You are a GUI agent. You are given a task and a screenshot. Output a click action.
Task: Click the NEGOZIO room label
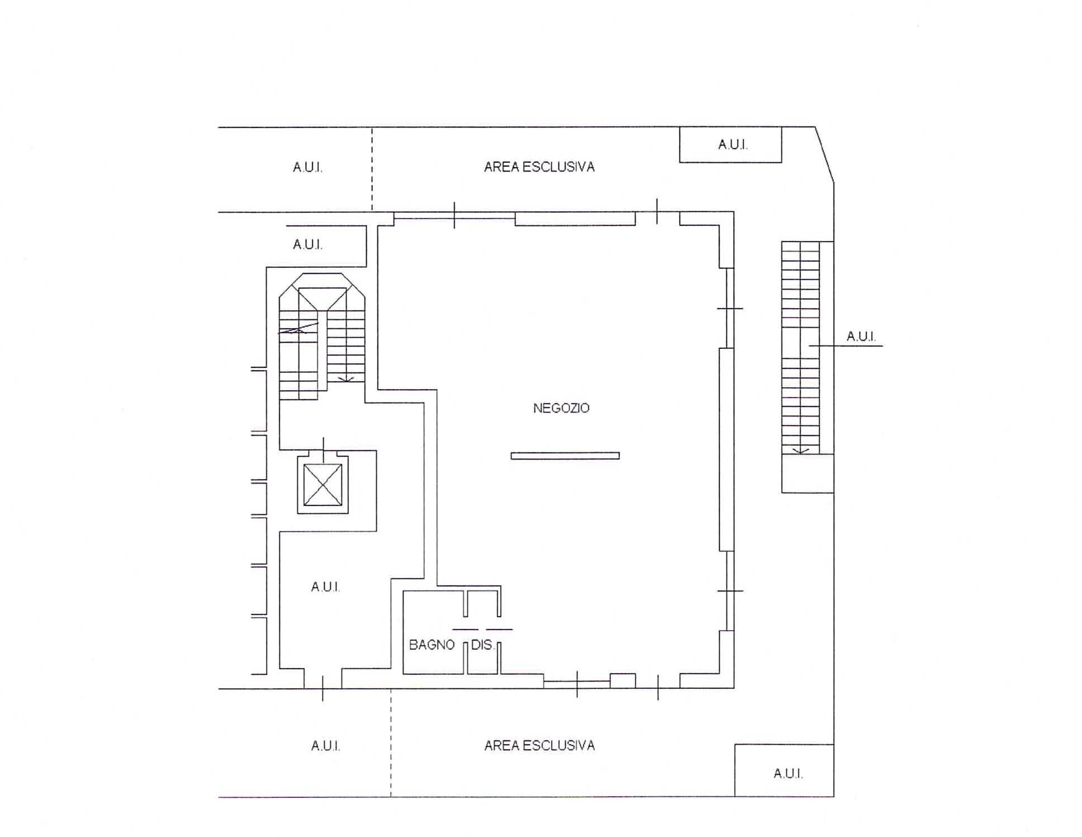[x=561, y=408]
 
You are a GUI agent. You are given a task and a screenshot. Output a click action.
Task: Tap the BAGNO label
[x=431, y=645]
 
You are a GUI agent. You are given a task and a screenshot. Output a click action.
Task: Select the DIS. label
[x=482, y=645]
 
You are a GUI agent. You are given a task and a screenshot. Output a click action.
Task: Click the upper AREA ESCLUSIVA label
[x=539, y=167]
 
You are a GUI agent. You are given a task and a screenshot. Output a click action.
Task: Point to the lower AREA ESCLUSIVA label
[x=539, y=745]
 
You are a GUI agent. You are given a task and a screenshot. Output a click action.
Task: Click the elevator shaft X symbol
[x=322, y=485]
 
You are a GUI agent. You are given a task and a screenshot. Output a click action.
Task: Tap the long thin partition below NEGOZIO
[x=565, y=456]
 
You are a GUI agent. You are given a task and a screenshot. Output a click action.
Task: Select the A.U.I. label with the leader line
[x=861, y=336]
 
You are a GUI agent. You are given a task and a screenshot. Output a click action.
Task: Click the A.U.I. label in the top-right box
[x=733, y=145]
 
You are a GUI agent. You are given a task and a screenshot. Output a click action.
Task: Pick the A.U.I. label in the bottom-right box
[x=788, y=773]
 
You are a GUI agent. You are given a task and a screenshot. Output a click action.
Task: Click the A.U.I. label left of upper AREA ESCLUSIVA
[x=307, y=167]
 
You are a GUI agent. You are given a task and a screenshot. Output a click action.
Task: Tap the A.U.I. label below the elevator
[x=325, y=587]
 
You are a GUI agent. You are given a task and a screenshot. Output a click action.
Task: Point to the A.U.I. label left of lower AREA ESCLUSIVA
[x=325, y=745]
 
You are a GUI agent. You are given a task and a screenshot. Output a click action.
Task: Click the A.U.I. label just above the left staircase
[x=307, y=244]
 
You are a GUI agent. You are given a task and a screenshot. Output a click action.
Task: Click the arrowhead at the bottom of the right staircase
[x=801, y=450]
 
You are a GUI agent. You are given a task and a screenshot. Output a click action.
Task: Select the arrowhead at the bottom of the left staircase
[x=347, y=380]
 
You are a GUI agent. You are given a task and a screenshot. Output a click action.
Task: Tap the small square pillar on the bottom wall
[x=622, y=680]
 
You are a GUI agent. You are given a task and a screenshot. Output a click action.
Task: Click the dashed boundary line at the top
[x=372, y=169]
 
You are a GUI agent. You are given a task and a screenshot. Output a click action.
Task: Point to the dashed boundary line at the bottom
[x=391, y=743]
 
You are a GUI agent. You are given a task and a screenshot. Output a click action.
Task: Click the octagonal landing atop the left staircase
[x=322, y=280]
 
